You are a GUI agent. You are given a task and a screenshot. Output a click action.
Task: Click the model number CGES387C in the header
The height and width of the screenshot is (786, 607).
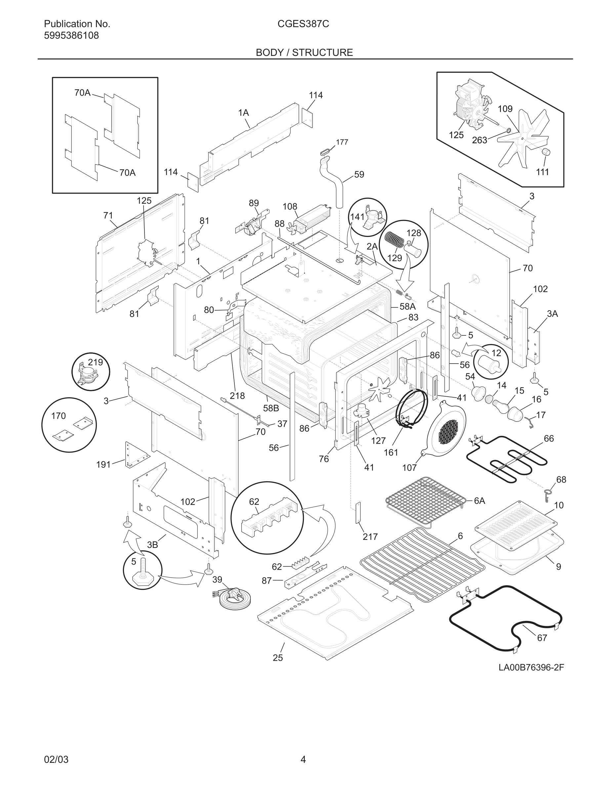tap(303, 24)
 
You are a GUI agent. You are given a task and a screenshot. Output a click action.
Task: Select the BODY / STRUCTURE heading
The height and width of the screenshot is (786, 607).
tap(304, 53)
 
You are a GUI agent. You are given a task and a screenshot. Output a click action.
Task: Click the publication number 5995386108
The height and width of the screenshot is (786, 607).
tap(71, 36)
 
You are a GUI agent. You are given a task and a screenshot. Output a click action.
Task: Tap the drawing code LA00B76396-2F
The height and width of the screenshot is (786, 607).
tap(531, 668)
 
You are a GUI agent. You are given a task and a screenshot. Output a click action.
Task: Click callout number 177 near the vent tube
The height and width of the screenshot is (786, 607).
tap(342, 142)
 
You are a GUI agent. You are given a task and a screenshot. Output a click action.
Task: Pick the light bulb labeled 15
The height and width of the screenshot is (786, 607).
tap(501, 406)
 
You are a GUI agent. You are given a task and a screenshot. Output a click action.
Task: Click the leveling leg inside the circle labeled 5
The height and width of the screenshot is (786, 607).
tap(142, 574)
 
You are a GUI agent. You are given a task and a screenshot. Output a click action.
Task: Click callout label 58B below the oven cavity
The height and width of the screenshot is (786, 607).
tap(271, 408)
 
